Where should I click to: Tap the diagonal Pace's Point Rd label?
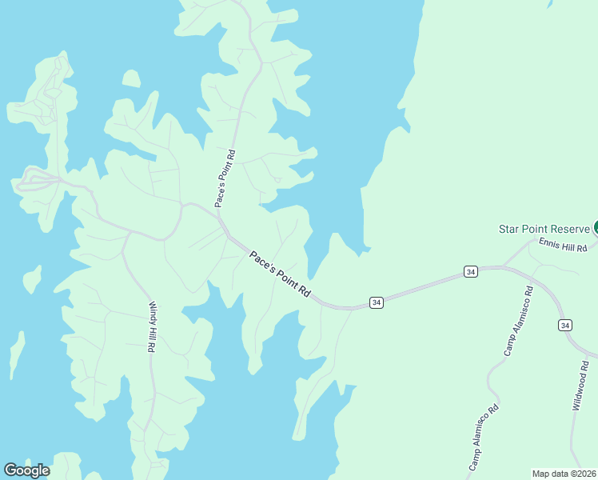[279, 274]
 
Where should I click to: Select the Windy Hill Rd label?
[151, 327]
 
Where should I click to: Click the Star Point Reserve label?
[544, 229]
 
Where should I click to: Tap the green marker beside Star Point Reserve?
[596, 229]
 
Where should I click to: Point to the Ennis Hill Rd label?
[563, 246]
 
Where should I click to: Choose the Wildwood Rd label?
[580, 385]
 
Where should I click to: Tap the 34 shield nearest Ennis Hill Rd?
[472, 273]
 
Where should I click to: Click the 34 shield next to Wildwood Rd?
[565, 325]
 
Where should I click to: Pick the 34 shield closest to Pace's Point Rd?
[377, 302]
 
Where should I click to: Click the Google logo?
[26, 470]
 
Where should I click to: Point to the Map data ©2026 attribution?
[564, 474]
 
